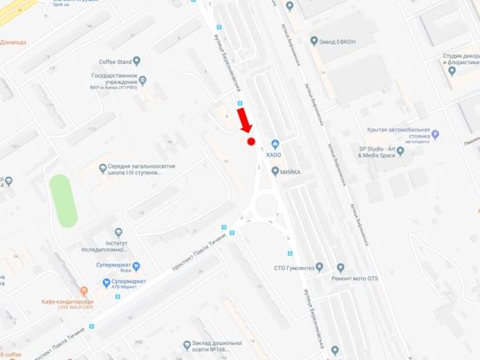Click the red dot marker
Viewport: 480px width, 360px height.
(251, 141)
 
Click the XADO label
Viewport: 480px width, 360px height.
(274, 154)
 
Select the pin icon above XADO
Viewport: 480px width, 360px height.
(274, 143)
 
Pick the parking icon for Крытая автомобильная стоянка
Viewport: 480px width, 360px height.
(435, 134)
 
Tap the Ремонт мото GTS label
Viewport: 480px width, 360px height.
(354, 279)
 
